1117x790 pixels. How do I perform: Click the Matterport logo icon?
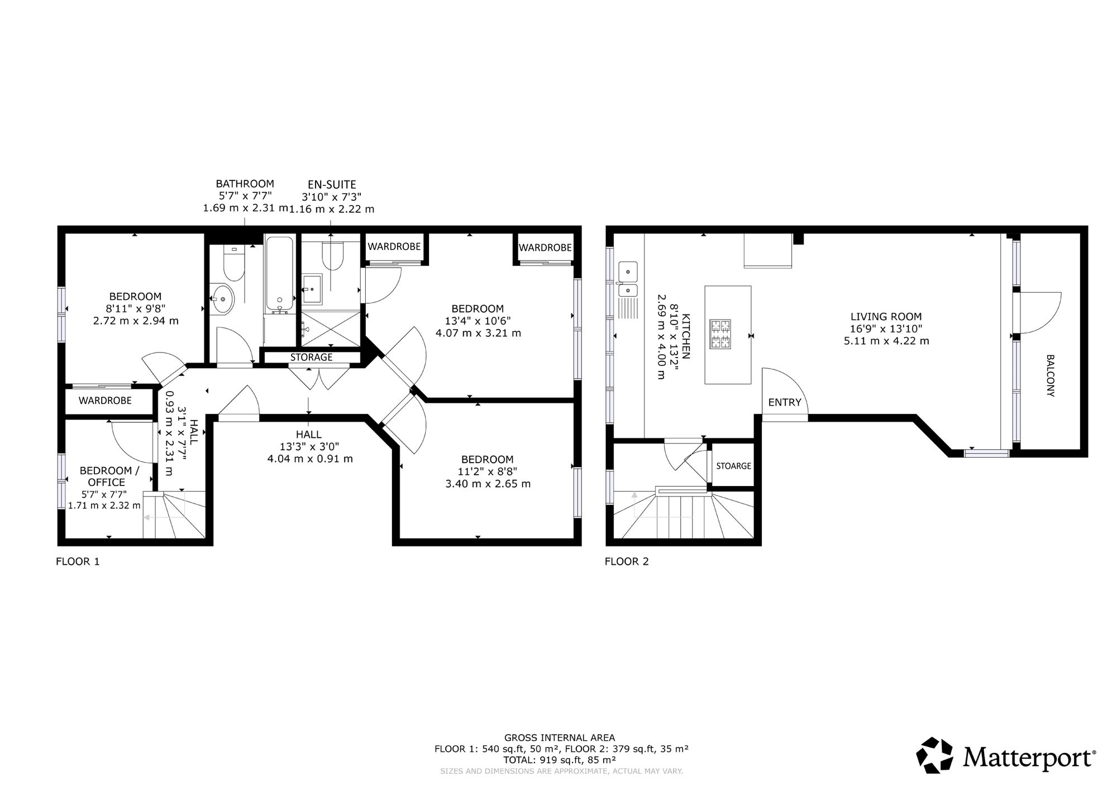(935, 755)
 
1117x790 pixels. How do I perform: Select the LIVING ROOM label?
(886, 316)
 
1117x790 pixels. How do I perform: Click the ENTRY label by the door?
(785, 402)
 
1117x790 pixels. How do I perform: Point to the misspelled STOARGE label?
(734, 466)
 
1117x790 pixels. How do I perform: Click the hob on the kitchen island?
(720, 334)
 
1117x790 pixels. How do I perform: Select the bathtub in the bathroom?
(279, 275)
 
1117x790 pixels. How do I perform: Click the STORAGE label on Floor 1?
(311, 357)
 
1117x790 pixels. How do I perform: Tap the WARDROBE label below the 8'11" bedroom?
(105, 401)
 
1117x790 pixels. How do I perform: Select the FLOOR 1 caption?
(78, 561)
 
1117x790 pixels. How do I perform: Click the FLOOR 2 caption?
(627, 561)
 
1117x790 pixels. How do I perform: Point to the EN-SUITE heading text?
(332, 184)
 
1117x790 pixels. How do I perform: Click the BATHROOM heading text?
(245, 183)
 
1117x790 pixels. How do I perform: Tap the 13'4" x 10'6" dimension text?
(478, 321)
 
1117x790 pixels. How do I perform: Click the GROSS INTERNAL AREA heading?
(560, 737)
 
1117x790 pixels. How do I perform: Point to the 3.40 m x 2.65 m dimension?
(488, 484)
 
